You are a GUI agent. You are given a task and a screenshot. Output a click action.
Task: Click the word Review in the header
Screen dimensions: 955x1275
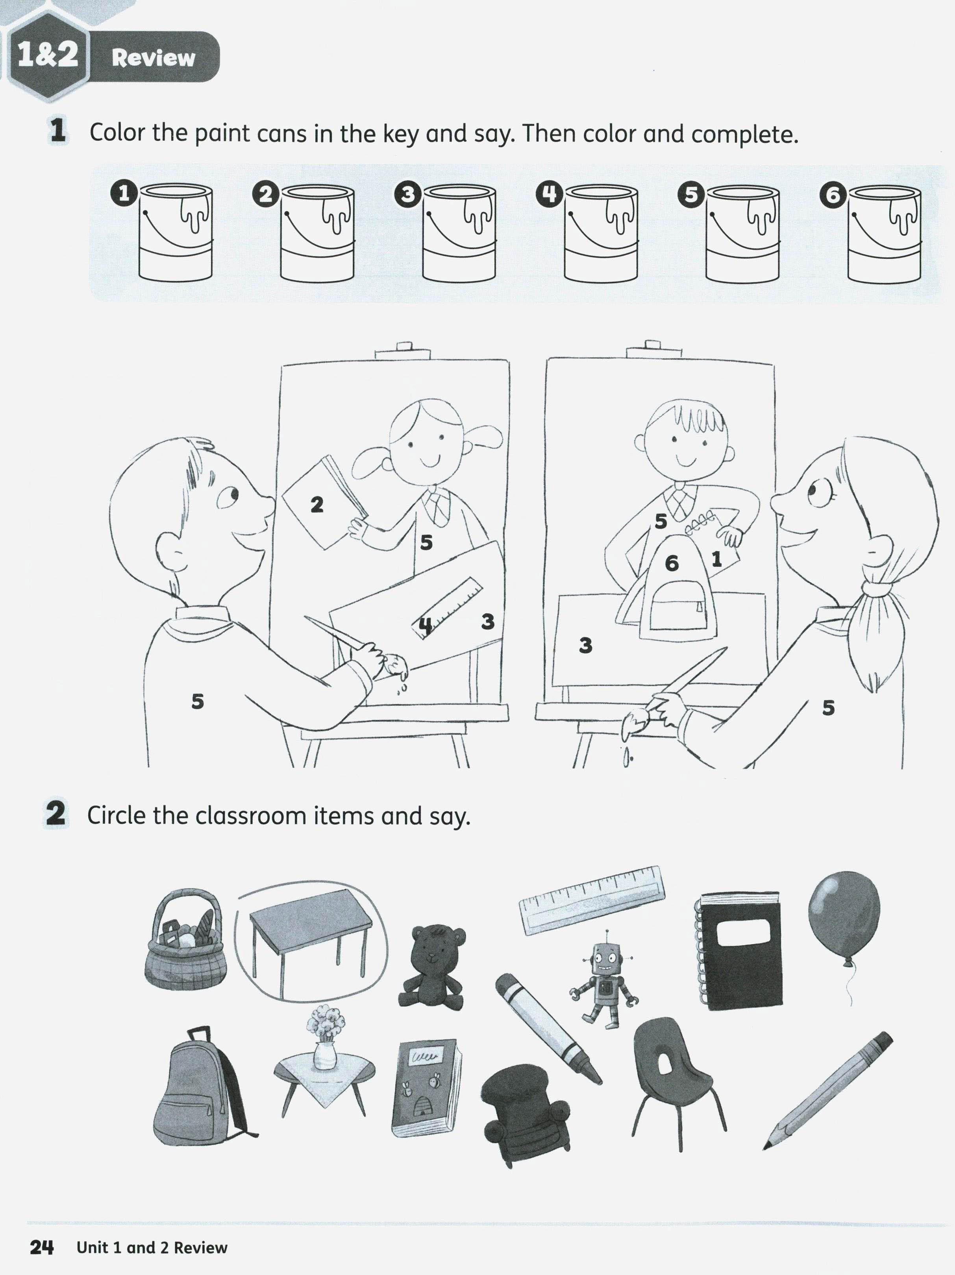click(x=154, y=58)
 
